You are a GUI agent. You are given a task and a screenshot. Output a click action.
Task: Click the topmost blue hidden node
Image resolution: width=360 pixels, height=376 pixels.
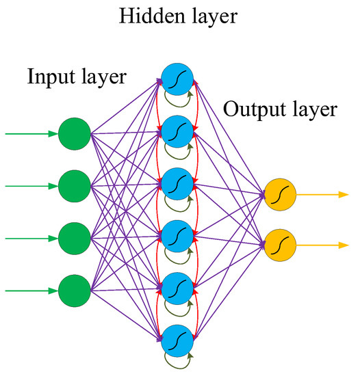pyautogui.click(x=177, y=77)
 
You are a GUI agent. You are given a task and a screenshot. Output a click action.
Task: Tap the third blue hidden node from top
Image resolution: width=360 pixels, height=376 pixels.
pyautogui.click(x=177, y=183)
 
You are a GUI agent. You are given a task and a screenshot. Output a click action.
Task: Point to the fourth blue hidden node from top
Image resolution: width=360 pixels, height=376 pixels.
pyautogui.click(x=177, y=235)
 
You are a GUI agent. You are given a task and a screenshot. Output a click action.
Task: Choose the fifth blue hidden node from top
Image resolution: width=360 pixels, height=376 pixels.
pyautogui.click(x=177, y=287)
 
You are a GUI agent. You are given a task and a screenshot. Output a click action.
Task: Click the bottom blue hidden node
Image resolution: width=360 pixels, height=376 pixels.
pyautogui.click(x=177, y=340)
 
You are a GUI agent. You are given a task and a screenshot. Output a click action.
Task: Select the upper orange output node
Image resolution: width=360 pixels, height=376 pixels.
pyautogui.click(x=279, y=196)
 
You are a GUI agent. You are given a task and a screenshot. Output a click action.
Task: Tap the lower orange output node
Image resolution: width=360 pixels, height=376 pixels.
pyautogui.click(x=279, y=245)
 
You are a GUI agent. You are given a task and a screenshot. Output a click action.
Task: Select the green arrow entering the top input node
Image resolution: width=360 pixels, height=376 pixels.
pyautogui.click(x=31, y=134)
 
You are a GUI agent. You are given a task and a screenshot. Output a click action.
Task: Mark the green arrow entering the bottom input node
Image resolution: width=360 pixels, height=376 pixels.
pyautogui.click(x=31, y=291)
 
